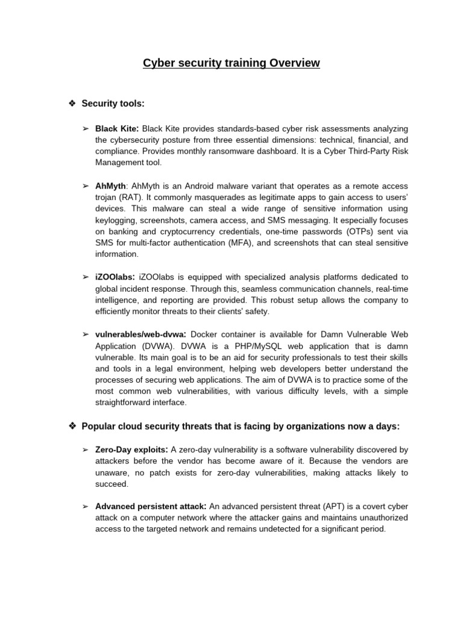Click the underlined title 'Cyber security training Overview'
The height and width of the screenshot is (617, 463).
[x=231, y=63]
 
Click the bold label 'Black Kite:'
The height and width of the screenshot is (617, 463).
[x=117, y=129]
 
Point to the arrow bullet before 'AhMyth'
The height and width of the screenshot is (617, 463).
[x=85, y=186]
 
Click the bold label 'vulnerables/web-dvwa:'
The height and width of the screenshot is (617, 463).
[x=141, y=334]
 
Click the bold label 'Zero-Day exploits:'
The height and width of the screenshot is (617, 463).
[x=132, y=450]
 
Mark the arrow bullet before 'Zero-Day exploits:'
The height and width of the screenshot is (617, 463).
[x=85, y=450]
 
